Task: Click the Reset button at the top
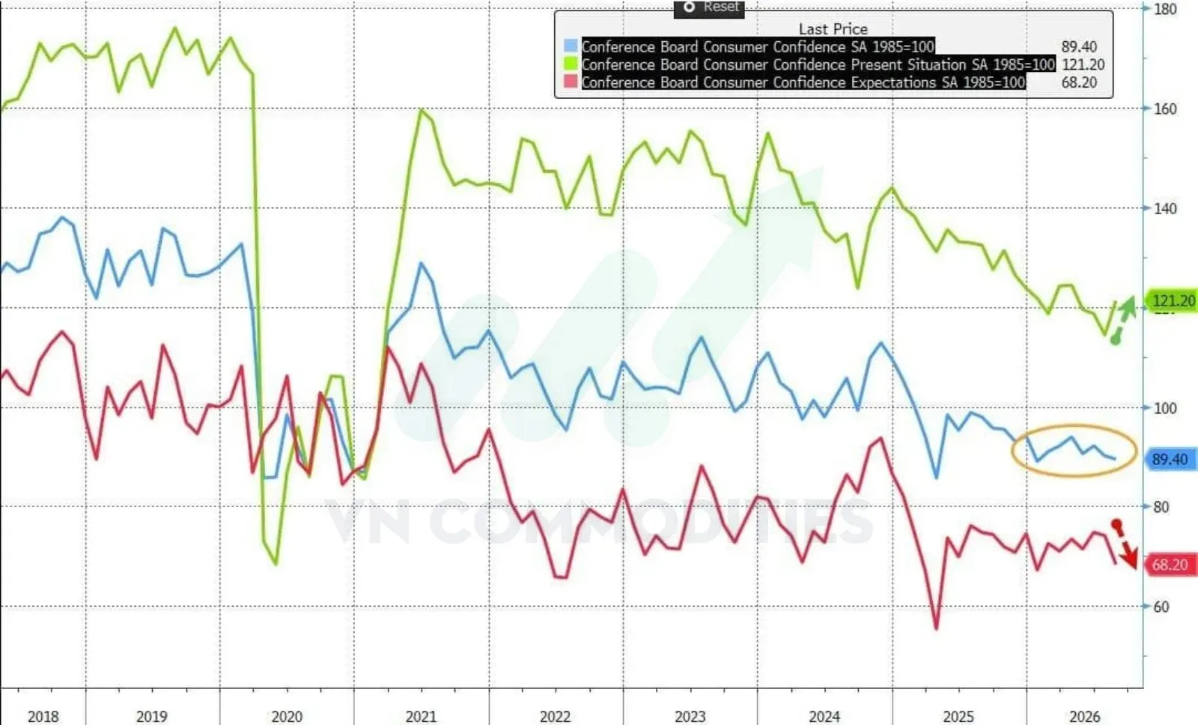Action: click(x=709, y=7)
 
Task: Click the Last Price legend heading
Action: click(x=833, y=29)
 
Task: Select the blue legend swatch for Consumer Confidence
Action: click(x=571, y=46)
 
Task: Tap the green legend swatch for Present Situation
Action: click(x=571, y=64)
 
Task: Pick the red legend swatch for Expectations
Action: click(x=571, y=82)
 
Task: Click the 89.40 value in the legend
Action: click(x=1079, y=46)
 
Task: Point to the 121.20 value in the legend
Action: click(x=1083, y=64)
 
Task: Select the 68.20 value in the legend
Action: click(x=1079, y=82)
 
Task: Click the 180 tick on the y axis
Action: click(x=1165, y=9)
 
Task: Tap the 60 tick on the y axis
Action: click(x=1161, y=607)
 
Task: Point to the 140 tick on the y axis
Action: click(x=1165, y=209)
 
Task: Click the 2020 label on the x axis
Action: click(x=287, y=717)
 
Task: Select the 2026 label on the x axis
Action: click(x=1085, y=717)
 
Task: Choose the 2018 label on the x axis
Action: click(x=43, y=717)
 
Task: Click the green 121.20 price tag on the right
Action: click(x=1171, y=300)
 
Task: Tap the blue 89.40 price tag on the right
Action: click(x=1171, y=459)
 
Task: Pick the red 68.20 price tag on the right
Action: click(x=1171, y=565)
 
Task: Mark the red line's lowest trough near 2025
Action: click(x=937, y=628)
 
